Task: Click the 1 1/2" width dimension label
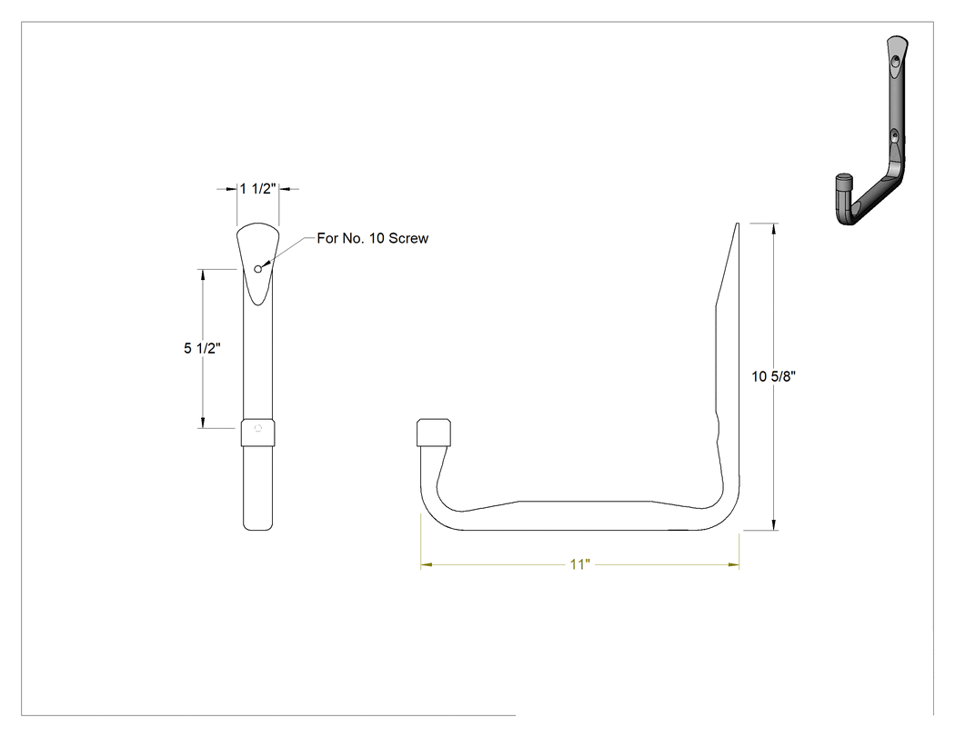(x=257, y=189)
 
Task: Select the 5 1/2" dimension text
(x=202, y=348)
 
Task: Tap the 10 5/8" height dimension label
(x=773, y=377)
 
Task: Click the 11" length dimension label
(x=580, y=564)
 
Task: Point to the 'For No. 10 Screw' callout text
(x=373, y=238)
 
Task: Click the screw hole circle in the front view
(x=257, y=269)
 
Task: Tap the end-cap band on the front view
(x=257, y=433)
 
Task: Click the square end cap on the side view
(x=434, y=433)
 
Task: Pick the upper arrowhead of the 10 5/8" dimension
(x=774, y=228)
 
